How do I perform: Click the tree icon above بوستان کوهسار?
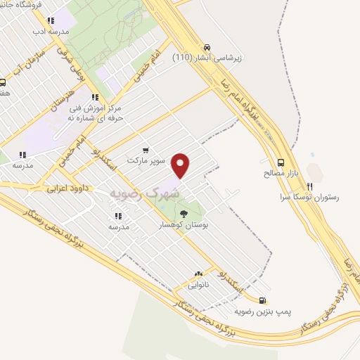[x=183, y=214]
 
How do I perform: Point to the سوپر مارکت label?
[x=146, y=160]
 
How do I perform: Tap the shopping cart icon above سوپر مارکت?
[x=146, y=149]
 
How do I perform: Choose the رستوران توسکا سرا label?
[x=309, y=198]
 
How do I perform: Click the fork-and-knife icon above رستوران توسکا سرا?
[x=309, y=186]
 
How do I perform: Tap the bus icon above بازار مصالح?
[x=281, y=161]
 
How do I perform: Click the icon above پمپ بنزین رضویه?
[x=262, y=299]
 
